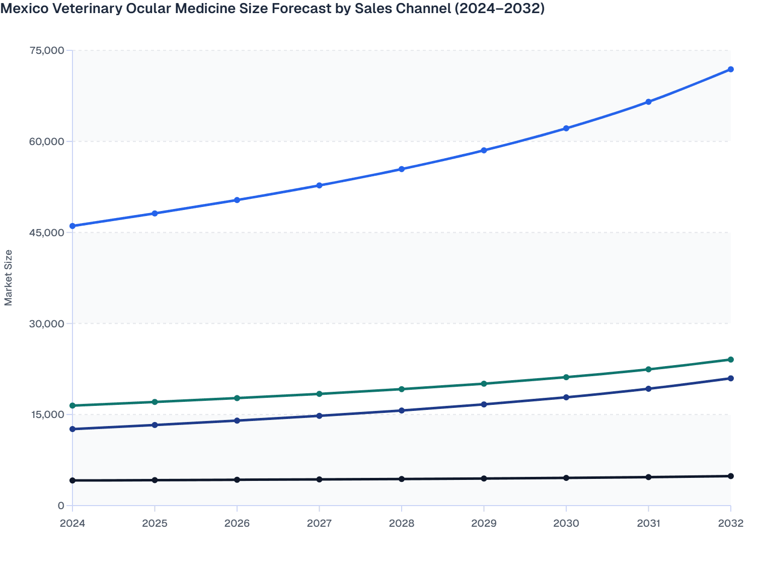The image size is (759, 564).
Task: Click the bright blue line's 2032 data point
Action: [730, 69]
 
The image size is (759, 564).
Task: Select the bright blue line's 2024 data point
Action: [72, 226]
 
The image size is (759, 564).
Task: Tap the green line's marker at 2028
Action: [402, 389]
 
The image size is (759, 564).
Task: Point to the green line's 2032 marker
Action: [730, 360]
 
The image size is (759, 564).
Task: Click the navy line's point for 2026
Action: [237, 420]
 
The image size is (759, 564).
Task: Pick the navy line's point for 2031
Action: [648, 389]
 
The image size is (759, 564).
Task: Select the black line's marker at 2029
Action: [484, 478]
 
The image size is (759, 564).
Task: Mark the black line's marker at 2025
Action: [155, 480]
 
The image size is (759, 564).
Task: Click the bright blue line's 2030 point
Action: [566, 128]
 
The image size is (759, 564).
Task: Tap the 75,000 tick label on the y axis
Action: [47, 50]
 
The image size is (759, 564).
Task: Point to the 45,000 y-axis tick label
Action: [47, 233]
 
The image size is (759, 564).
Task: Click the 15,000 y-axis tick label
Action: [47, 414]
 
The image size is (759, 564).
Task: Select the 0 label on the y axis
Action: [61, 506]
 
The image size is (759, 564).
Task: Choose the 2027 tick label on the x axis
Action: [319, 523]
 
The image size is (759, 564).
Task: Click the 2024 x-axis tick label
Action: [72, 523]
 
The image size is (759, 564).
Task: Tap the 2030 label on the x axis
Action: [566, 523]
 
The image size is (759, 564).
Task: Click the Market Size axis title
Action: [9, 277]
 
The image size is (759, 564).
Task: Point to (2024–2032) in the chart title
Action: [499, 9]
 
